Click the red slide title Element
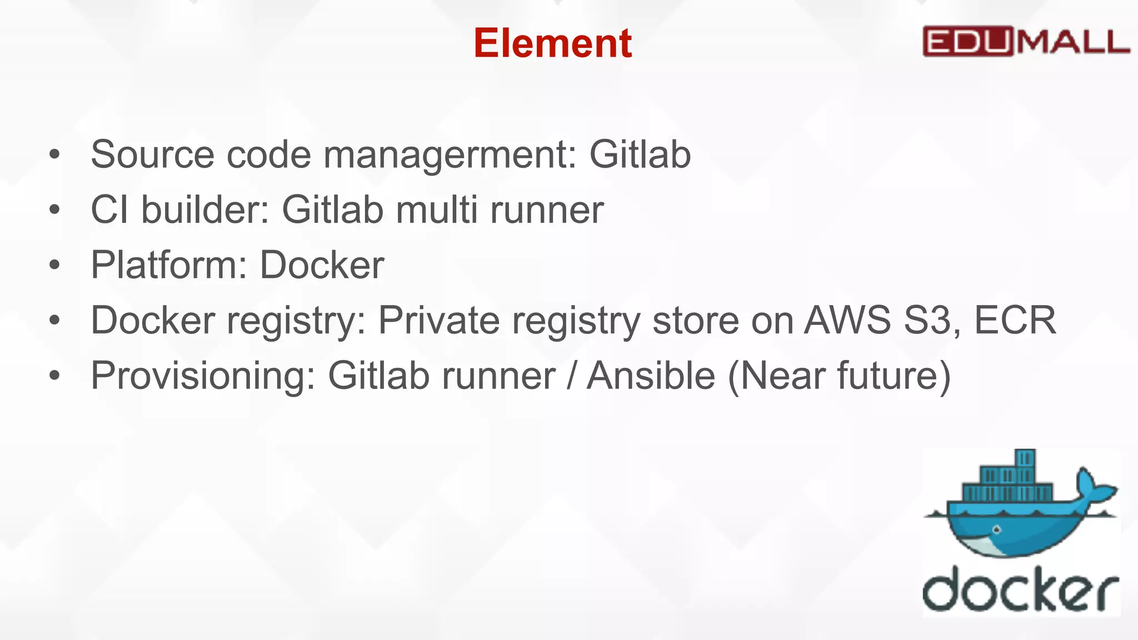click(552, 43)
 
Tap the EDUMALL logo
click(1026, 42)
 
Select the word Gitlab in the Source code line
click(640, 154)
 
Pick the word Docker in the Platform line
click(322, 265)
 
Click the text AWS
click(847, 321)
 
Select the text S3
click(932, 321)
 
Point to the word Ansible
click(651, 376)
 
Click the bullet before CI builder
click(54, 210)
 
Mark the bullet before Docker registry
click(54, 321)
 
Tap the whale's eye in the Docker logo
click(996, 529)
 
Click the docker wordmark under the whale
click(1020, 590)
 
